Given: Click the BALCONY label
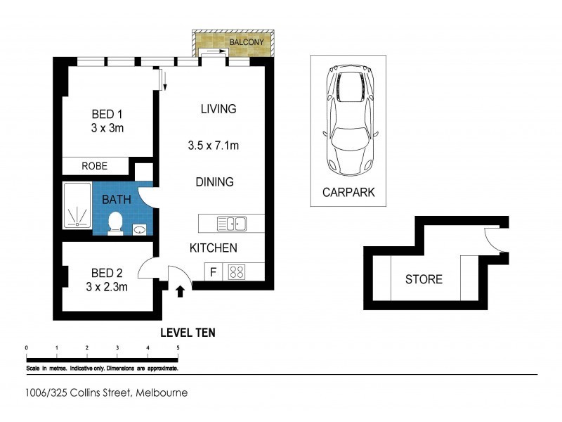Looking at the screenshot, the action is click(247, 42).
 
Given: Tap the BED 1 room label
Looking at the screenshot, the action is click(107, 114).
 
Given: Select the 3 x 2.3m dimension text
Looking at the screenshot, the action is click(107, 287).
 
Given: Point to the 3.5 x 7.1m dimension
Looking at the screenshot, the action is click(214, 146).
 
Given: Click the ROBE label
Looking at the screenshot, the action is click(95, 166).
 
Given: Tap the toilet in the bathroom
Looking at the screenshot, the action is click(115, 224).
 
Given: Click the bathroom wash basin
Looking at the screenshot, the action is click(139, 230).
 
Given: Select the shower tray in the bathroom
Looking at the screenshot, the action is click(77, 205).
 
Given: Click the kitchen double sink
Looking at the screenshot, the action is click(232, 224).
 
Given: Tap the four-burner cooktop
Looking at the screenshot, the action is click(237, 271).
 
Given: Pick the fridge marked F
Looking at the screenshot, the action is click(214, 272).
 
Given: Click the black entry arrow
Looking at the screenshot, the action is click(180, 291).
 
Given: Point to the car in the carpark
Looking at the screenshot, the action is click(350, 120).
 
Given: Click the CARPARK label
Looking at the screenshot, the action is click(348, 192).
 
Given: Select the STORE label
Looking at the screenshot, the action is click(424, 279).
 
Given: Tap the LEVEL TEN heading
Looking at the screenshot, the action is click(188, 333).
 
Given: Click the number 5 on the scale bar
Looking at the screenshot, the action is click(178, 347).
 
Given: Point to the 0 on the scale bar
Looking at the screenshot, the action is click(27, 347).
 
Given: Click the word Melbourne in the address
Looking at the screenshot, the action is click(162, 392).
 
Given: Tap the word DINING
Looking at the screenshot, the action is click(215, 182).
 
